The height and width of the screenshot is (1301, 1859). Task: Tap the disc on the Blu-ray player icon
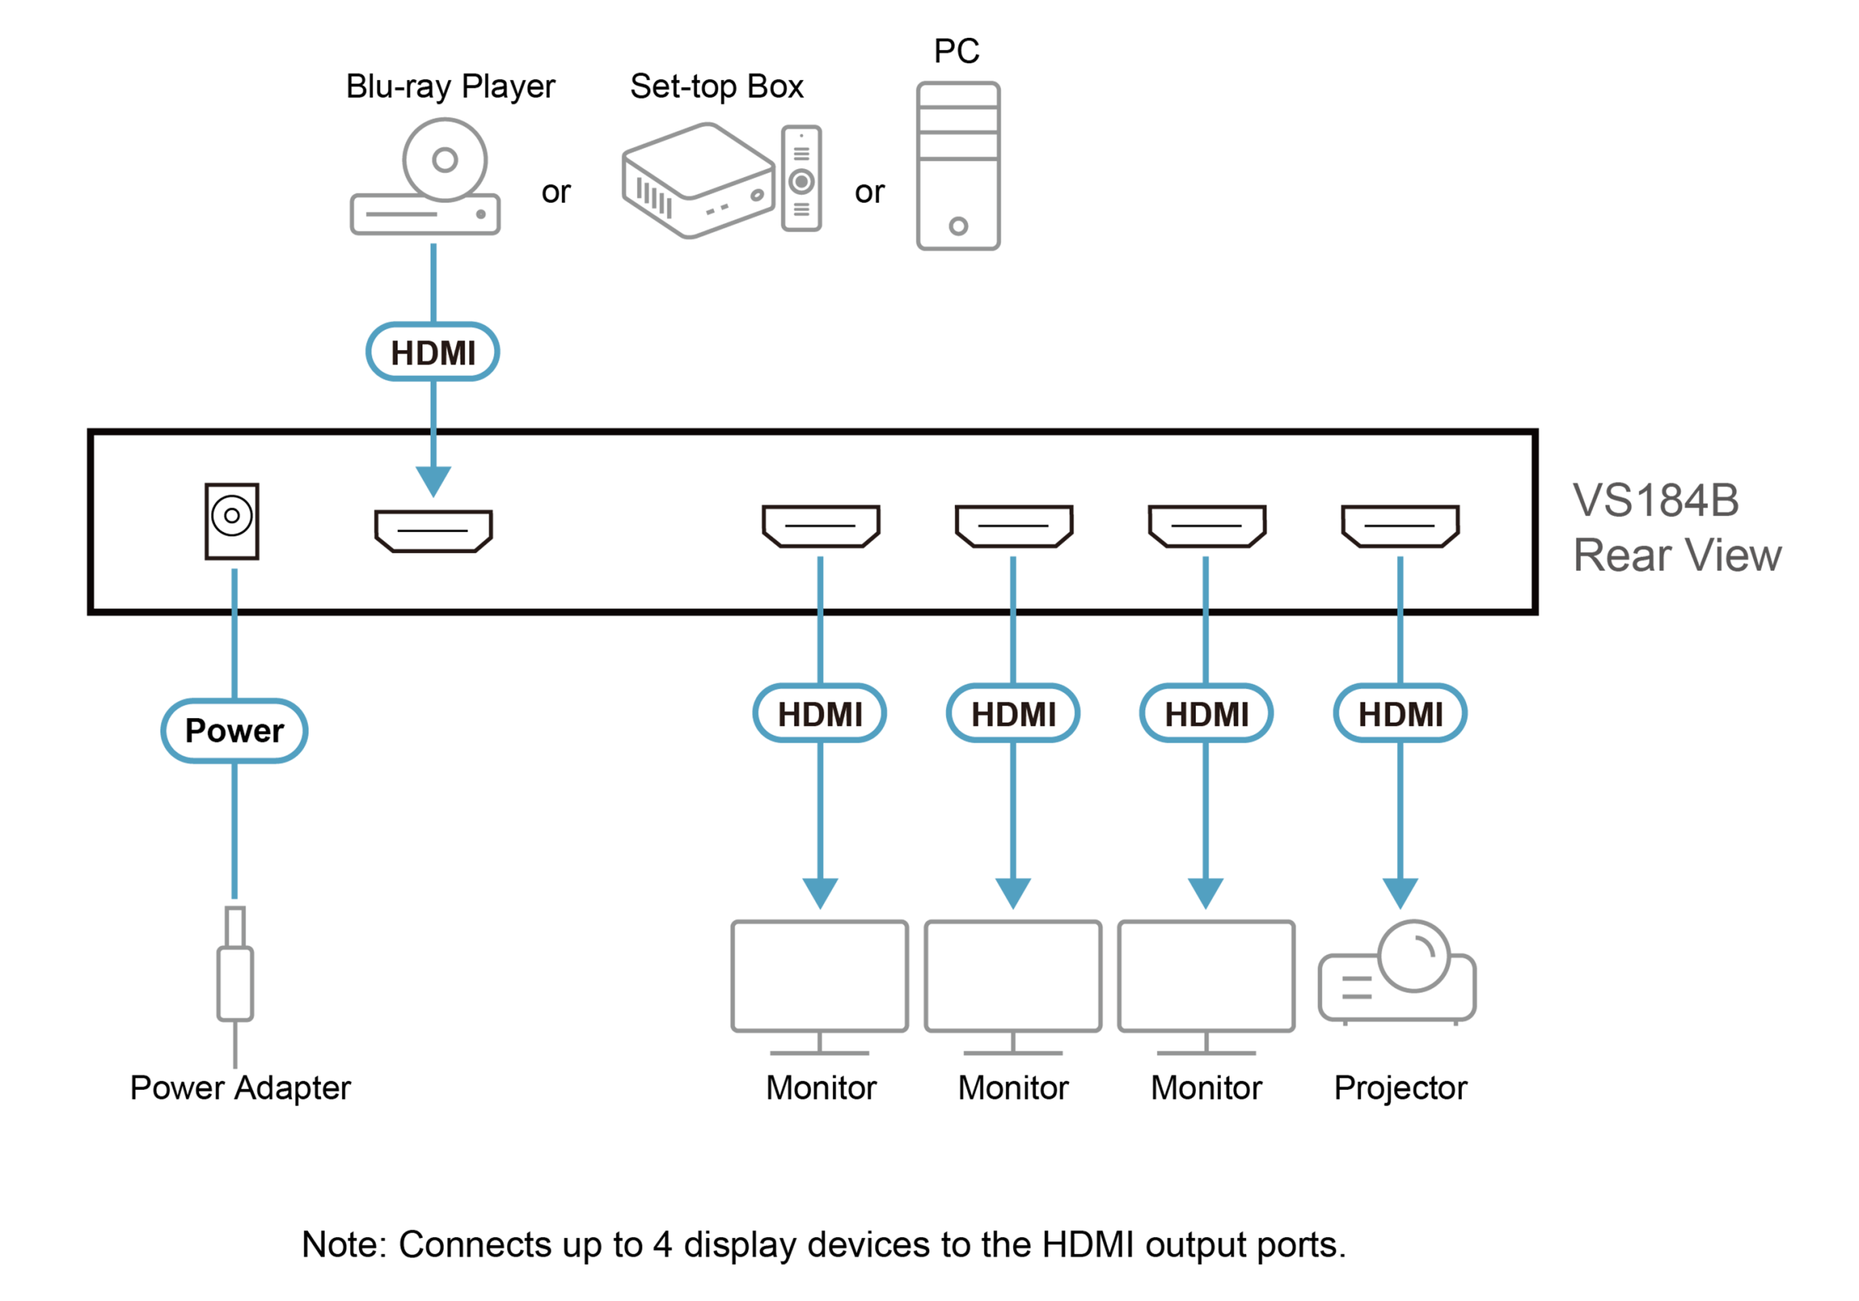tap(444, 160)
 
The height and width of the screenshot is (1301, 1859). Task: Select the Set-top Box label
tap(717, 86)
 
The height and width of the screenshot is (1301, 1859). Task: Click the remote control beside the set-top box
tap(802, 178)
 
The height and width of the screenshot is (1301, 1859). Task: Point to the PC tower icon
tap(958, 166)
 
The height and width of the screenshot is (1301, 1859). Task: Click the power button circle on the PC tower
tap(958, 226)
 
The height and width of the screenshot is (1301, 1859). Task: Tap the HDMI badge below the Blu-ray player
tap(434, 352)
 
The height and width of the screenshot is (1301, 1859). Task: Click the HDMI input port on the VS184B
tap(434, 531)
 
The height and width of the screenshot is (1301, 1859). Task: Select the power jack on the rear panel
tap(232, 521)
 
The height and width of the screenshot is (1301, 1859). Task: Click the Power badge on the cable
tap(234, 731)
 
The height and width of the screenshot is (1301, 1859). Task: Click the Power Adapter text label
tap(240, 1088)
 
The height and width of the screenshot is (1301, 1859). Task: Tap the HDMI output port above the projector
tap(1400, 526)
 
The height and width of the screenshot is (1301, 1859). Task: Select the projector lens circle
tap(1414, 956)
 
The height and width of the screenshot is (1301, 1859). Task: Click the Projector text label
tap(1400, 1088)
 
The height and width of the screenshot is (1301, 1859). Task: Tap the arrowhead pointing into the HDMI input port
tap(434, 481)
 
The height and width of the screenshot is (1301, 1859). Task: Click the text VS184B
tap(1656, 500)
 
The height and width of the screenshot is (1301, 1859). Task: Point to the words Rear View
tap(1677, 555)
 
